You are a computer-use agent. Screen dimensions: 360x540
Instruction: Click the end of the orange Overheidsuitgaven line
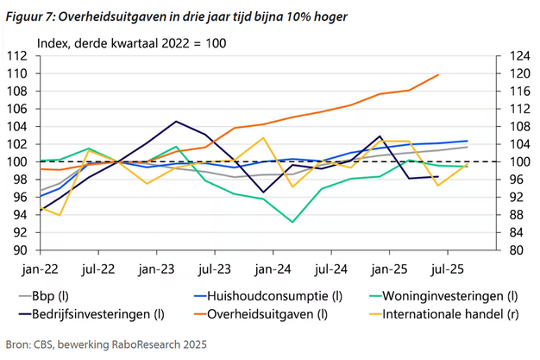[439, 74]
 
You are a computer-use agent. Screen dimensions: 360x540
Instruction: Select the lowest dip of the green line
[293, 222]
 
